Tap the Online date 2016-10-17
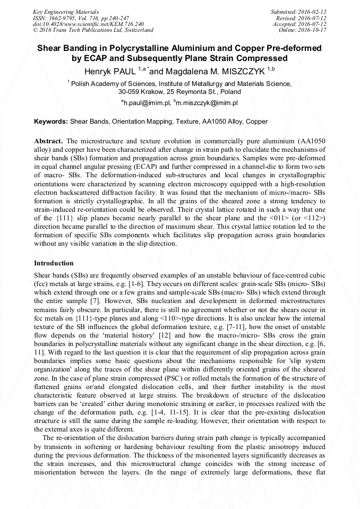[x=311, y=30]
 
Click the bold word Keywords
[x=51, y=122]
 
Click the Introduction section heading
[x=54, y=263]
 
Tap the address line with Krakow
[x=179, y=92]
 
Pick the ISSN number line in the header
[x=80, y=18]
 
